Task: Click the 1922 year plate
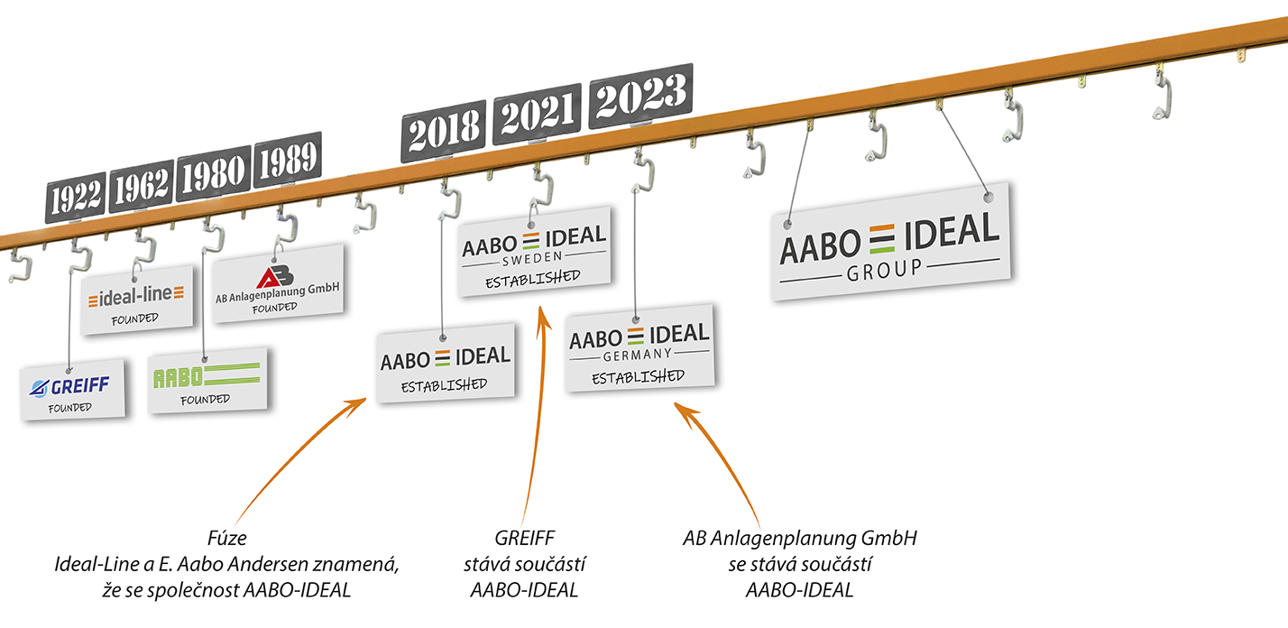tap(77, 197)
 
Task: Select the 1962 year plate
tap(142, 186)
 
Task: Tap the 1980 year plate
tap(213, 174)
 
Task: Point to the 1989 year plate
tap(287, 160)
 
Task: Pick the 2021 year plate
tap(537, 114)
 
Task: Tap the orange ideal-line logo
tap(137, 295)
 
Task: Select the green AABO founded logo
tap(206, 374)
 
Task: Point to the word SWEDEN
tap(534, 256)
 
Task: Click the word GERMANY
tap(639, 354)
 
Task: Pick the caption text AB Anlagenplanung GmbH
tap(800, 540)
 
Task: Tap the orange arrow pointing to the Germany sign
tap(722, 460)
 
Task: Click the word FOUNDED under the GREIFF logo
tap(70, 408)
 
